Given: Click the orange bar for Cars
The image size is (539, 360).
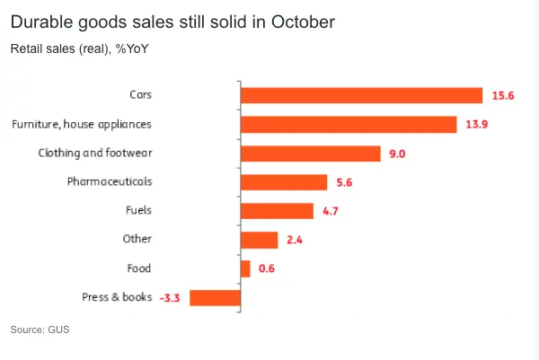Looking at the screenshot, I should point(362,96).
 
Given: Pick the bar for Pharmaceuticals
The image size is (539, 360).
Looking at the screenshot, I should point(284,182).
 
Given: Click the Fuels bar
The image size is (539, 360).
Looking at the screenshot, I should point(277,211).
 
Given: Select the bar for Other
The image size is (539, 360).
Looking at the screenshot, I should point(259,240).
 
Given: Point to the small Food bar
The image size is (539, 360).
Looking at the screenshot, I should point(245,268).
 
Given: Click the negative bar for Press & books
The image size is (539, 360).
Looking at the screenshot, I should point(215,297).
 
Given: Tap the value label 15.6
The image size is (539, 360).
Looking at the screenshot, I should point(501,96).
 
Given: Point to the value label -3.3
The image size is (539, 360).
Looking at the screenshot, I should point(170,297).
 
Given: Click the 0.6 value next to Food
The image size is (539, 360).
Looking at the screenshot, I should point(266,268).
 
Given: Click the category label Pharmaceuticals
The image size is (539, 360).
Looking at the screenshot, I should point(110,181).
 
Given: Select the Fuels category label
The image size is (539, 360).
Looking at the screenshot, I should point(138,210).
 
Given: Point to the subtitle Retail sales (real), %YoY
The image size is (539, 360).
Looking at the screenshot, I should point(79,48).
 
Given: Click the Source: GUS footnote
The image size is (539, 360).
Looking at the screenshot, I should point(40,330).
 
